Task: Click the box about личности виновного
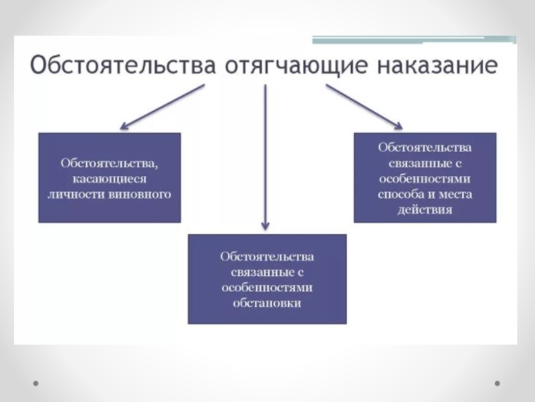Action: point(110,178)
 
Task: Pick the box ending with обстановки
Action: point(267,279)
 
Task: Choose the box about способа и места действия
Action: point(425,178)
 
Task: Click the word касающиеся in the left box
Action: point(110,179)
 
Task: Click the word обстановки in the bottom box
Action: point(267,303)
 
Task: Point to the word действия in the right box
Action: point(425,210)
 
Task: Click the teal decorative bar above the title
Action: point(415,40)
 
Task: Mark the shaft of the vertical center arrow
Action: point(266,154)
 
